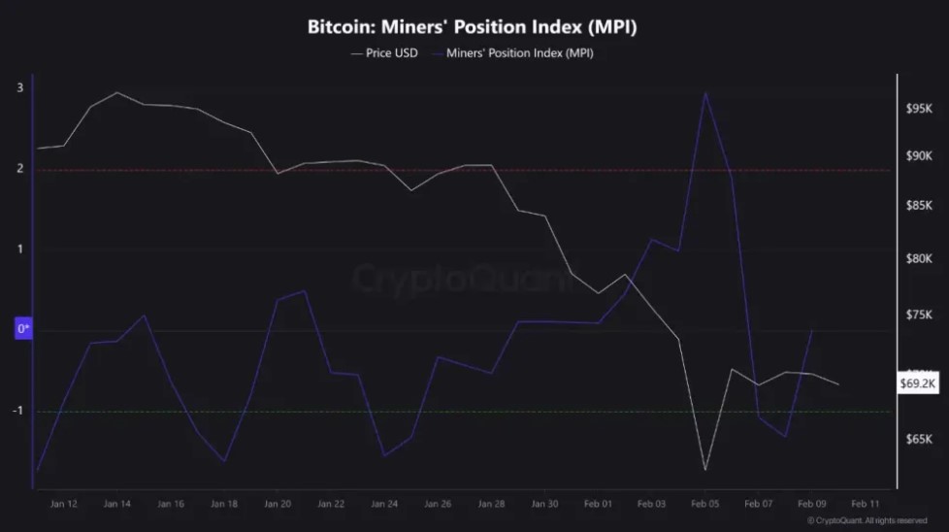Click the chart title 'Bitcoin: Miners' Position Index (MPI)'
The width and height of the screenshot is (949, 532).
click(472, 26)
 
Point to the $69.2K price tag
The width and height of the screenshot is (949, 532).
click(917, 383)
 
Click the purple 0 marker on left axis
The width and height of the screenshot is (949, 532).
click(23, 329)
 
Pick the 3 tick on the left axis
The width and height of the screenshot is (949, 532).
click(20, 88)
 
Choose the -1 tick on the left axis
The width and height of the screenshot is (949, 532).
click(18, 411)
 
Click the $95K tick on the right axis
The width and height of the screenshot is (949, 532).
click(918, 110)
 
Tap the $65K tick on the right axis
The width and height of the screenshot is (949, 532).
click(918, 440)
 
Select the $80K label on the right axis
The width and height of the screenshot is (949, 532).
click(918, 258)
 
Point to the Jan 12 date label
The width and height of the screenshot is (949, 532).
click(64, 504)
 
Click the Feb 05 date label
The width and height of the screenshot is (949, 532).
click(704, 504)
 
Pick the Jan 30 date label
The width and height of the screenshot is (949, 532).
click(544, 504)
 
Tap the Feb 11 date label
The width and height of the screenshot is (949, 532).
click(866, 504)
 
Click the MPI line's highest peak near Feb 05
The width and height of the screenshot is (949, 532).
click(705, 93)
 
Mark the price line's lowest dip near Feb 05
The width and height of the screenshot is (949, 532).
click(705, 470)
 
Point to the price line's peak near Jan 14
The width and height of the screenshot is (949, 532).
click(116, 92)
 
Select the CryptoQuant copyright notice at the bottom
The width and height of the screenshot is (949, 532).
click(867, 521)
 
